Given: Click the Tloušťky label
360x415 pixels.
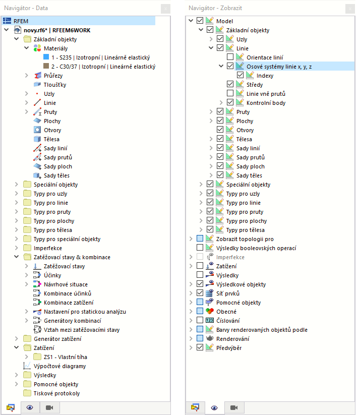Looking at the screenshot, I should point(55,85).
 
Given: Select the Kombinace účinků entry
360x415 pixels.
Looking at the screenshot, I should point(67,293).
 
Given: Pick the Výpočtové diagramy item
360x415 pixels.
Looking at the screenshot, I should point(59,366).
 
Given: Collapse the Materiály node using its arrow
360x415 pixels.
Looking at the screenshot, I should point(26,48).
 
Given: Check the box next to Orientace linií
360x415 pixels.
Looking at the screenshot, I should point(230,57).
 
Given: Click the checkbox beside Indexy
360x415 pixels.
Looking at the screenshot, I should point(240,76).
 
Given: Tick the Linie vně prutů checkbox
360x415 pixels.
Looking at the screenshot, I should point(230,94).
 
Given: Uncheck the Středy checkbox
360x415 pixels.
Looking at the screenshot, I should point(230,85).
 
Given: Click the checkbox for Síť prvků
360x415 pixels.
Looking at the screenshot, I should point(200,293).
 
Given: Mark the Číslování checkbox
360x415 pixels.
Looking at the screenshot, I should point(200,321).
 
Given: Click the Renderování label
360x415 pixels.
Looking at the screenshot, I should point(232,339).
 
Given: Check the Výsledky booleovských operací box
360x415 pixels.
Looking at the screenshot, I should point(200,248).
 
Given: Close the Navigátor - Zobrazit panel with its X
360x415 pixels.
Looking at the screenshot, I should point(349,8).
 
